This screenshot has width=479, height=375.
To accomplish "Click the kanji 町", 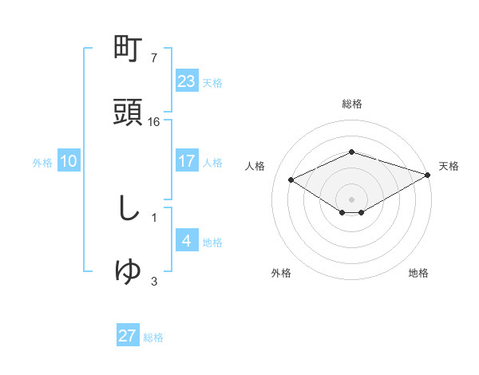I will (129, 50).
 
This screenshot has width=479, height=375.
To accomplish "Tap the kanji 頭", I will (129, 112).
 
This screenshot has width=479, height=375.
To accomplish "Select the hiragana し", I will (129, 210).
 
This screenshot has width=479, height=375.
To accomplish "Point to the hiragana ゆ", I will (129, 271).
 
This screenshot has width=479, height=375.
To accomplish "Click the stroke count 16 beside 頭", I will (154, 122).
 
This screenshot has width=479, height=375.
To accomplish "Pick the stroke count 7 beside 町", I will (153, 59).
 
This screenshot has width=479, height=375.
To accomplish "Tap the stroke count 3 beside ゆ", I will (154, 281).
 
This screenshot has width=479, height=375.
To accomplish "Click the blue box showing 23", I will (186, 81).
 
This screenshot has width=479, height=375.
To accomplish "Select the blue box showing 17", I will (186, 161).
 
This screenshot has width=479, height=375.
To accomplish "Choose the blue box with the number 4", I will (186, 241).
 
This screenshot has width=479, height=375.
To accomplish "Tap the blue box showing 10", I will (69, 161).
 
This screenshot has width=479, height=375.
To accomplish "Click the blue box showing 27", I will (128, 336).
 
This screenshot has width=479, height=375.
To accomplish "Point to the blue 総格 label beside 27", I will (153, 337).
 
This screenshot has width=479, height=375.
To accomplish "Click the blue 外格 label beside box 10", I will (42, 163).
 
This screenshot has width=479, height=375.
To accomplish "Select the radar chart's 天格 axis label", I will (449, 166).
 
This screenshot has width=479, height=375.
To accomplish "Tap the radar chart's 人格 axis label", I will (255, 166).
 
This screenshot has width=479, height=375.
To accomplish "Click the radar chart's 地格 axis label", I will (418, 273).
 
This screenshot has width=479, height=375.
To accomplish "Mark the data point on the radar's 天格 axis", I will (428, 175).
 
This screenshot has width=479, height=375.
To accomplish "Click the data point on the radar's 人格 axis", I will (291, 179).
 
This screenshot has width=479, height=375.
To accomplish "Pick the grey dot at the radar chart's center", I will (351, 199).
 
